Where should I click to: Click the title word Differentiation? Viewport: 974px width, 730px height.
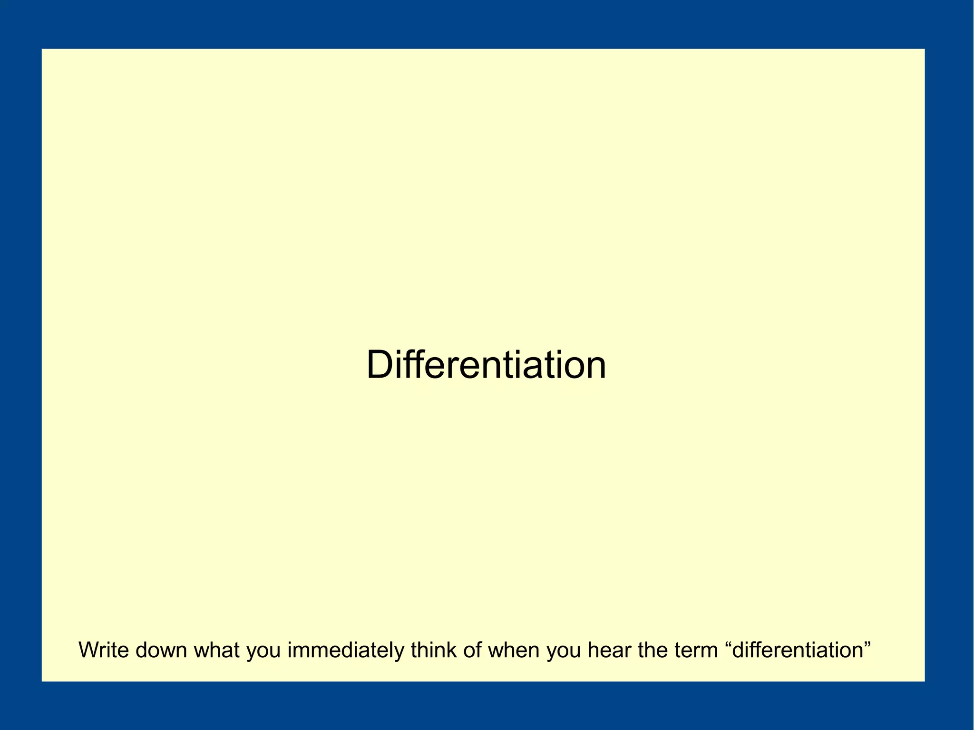tap(486, 365)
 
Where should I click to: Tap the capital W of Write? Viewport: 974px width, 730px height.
tap(88, 650)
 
